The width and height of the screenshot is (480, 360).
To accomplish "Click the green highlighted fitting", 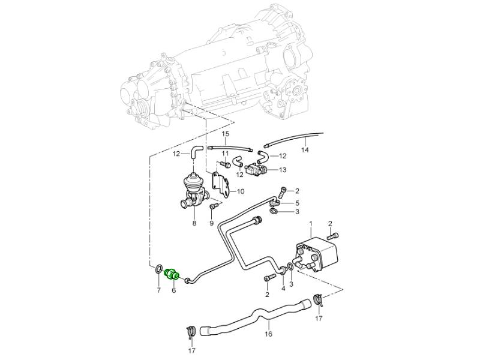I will click(171, 274).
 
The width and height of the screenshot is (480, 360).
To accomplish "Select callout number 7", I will click(158, 290).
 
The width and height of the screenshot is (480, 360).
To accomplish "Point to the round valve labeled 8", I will click(194, 183).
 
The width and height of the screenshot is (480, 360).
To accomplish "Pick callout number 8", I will click(194, 223).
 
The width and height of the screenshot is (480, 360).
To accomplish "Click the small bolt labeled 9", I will click(212, 206).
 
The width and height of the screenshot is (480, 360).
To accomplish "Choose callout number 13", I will click(283, 170).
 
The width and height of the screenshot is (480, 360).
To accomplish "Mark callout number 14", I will click(304, 149).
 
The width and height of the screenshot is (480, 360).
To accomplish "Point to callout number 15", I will click(226, 133).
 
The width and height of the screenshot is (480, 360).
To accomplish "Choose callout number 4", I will click(283, 289).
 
